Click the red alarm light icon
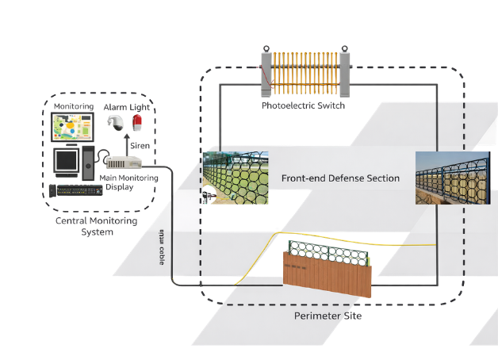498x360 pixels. [137, 123]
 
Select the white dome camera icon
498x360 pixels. [115, 123]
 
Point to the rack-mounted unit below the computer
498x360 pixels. [76, 190]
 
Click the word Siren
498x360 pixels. [140, 146]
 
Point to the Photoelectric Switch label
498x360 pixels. [303, 105]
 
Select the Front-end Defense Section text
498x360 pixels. [340, 178]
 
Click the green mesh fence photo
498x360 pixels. [236, 178]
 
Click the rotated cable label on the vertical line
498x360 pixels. [163, 246]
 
